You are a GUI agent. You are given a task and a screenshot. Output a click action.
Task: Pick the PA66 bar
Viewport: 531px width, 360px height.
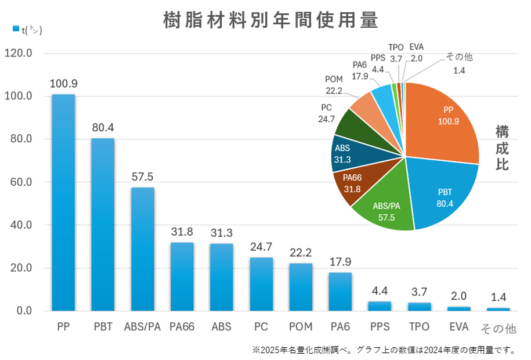[182, 276]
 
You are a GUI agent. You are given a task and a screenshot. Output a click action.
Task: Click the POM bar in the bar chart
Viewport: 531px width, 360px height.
[301, 287]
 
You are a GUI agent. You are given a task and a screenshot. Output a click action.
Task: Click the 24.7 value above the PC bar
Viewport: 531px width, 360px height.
[261, 247]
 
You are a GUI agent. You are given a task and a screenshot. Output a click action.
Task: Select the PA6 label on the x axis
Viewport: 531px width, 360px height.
[340, 327]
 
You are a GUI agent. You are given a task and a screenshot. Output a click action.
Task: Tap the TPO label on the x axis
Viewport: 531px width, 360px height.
[419, 327]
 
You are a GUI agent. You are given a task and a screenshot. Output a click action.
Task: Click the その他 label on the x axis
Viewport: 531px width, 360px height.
[499, 328]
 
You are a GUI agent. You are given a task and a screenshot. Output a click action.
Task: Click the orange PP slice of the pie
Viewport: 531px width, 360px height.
[444, 122]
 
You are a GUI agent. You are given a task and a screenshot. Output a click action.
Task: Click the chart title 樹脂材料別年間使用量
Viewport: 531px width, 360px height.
[270, 20]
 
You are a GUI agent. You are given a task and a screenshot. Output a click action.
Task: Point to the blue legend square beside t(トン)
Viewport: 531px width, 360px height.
[15, 28]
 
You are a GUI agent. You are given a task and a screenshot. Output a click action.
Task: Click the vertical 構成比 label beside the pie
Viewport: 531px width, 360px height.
[502, 147]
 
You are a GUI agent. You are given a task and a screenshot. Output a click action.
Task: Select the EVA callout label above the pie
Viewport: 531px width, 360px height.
[416, 47]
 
